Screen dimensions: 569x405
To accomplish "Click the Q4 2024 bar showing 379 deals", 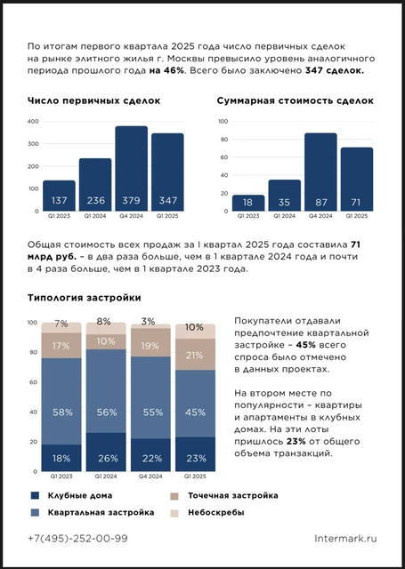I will pyautogui.click(x=131, y=169).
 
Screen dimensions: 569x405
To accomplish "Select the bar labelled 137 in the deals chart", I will pyautogui.click(x=59, y=196).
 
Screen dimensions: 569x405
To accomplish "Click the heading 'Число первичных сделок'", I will pyautogui.click(x=94, y=101).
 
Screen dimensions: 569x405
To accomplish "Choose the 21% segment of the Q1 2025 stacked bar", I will pyautogui.click(x=193, y=354).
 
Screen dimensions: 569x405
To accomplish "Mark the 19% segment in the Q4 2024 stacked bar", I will pyautogui.click(x=150, y=346).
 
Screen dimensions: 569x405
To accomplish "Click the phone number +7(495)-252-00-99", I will pyautogui.click(x=77, y=538).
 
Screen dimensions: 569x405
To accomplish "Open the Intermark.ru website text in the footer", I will pyautogui.click(x=346, y=538).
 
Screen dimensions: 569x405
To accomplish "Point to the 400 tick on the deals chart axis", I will pyautogui.click(x=33, y=121).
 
